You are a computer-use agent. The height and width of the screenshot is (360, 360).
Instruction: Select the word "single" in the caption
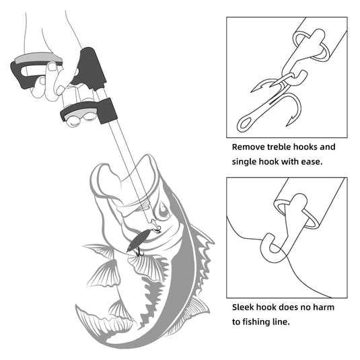[x=248, y=162]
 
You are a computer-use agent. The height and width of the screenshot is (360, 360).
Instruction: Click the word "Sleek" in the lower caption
[x=246, y=308]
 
